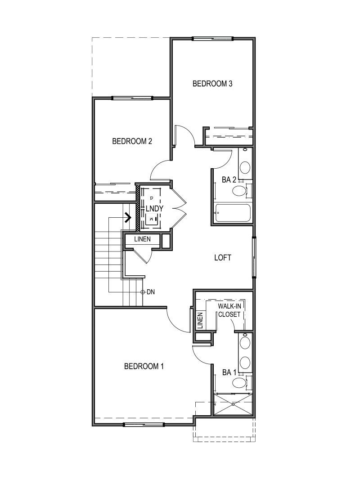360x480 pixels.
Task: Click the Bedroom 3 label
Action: [212, 84]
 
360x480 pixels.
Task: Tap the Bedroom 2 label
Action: [132, 141]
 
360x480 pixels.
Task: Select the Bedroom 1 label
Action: [144, 366]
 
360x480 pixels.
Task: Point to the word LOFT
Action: [223, 258]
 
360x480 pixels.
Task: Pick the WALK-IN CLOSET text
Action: [229, 310]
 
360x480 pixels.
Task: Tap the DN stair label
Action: [151, 292]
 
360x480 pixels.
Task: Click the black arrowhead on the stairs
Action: [128, 217]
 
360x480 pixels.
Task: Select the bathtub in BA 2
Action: [233, 213]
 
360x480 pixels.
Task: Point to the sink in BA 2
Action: [245, 167]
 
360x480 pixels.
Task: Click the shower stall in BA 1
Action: [233, 404]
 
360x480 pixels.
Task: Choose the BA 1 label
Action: [229, 372]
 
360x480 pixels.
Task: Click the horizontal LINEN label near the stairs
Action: [142, 239]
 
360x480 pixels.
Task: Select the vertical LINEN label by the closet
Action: [200, 320]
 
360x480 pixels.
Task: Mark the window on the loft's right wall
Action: [254, 257]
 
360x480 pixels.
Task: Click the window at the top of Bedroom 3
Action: [212, 39]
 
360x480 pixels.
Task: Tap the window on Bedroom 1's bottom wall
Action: [144, 425]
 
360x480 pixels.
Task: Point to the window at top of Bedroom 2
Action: [132, 98]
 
